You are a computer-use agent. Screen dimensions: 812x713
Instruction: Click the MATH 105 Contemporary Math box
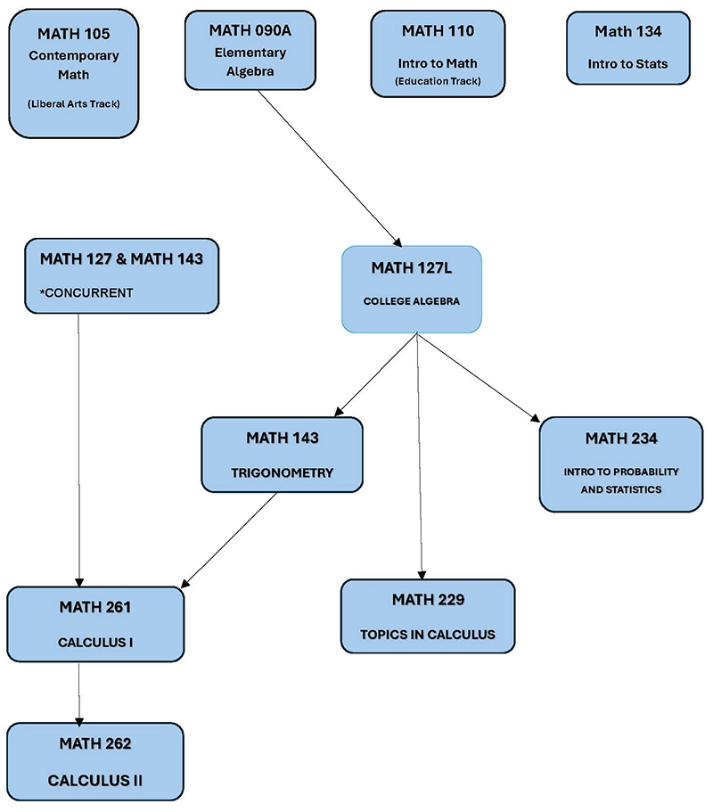point(78,71)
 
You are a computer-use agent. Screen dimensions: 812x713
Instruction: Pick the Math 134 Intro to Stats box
point(628,47)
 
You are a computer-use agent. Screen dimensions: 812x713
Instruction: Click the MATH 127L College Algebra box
point(412,290)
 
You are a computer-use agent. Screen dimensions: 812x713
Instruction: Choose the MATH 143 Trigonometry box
point(282,455)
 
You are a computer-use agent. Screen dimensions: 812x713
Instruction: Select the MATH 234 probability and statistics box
point(620,463)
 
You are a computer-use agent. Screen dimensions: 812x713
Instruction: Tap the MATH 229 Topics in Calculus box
point(428,616)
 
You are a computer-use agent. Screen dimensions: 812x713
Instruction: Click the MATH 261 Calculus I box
point(95,624)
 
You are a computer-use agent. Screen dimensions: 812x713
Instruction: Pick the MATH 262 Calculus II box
point(95,760)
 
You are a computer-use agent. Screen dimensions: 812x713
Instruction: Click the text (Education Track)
point(438,81)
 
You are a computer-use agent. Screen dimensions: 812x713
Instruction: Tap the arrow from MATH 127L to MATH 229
point(420,455)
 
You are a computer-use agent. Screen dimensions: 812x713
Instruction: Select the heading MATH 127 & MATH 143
point(121,259)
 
